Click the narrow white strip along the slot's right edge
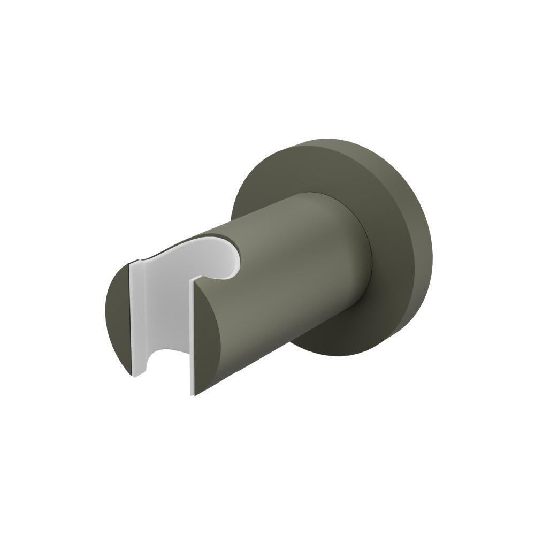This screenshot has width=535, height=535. tap(192, 337)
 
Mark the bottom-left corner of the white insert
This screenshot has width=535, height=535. tap(134, 374)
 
